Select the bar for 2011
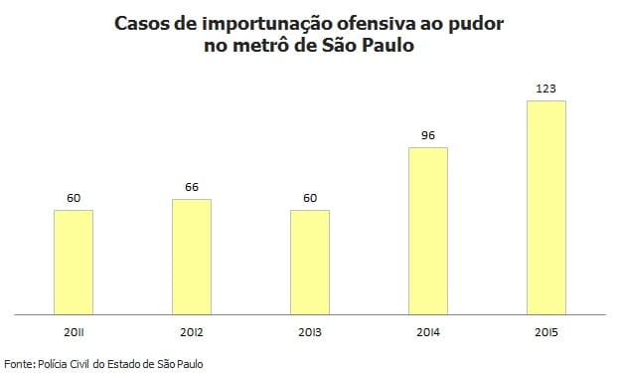pyautogui.click(x=74, y=262)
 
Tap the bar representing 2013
pyautogui.click(x=310, y=262)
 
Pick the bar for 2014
pyautogui.click(x=428, y=231)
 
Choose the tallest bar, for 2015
pyautogui.click(x=546, y=207)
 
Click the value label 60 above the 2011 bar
pyautogui.click(x=74, y=198)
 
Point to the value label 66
pyautogui.click(x=192, y=187)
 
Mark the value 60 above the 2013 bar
pyautogui.click(x=310, y=198)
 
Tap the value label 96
pyautogui.click(x=428, y=135)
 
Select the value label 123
pyautogui.click(x=546, y=89)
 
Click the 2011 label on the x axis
pyautogui.click(x=74, y=330)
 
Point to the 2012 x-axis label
pyautogui.click(x=192, y=330)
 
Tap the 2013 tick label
pyautogui.click(x=310, y=330)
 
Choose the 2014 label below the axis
pyautogui.click(x=428, y=330)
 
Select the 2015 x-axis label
pyautogui.click(x=546, y=330)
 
